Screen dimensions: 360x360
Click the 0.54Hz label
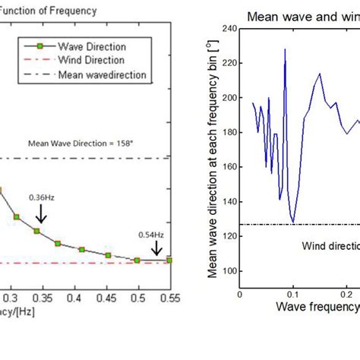[150, 234]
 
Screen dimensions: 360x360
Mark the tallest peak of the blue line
[286, 49]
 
